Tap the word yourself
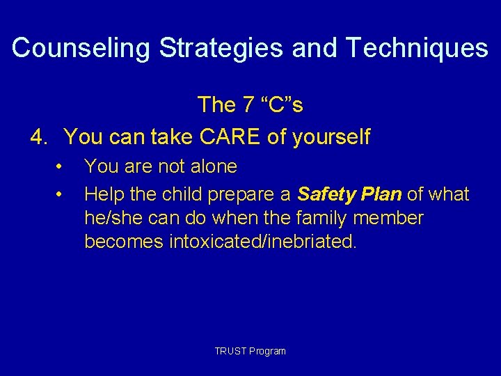[x=331, y=137]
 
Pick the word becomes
[x=123, y=243]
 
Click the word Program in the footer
[x=268, y=351]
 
